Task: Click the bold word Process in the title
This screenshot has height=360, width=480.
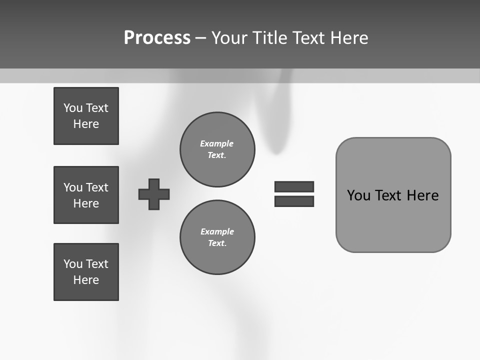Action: pos(157,38)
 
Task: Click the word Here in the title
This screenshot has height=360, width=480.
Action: pos(349,38)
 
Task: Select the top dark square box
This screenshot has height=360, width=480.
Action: pos(86,116)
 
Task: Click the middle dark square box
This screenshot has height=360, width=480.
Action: pos(86,195)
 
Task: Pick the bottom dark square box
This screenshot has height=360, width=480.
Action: pos(86,272)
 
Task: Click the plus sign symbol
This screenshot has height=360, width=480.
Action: pos(154,194)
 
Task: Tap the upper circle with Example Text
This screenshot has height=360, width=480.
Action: pos(217,149)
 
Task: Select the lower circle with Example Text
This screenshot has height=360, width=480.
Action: pos(217,237)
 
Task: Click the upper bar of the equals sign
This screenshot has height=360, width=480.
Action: pos(294,186)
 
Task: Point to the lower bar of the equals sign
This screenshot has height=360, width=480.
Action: pos(294,201)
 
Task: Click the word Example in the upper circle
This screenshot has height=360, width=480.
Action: pos(216,143)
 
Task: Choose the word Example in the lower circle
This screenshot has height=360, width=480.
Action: pos(217,231)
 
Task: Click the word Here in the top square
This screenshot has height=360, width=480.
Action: pos(86,124)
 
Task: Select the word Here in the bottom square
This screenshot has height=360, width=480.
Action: pos(86,280)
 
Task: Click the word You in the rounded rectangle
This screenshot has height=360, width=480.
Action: pos(358,195)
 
